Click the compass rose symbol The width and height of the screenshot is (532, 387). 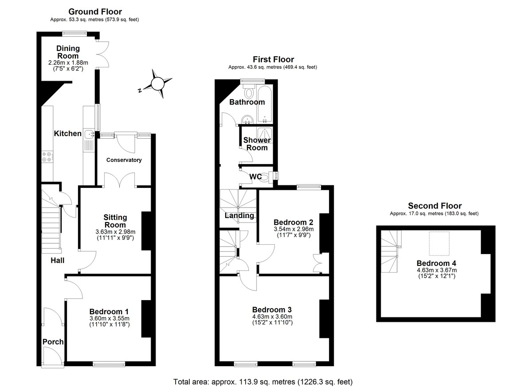coord(157,83)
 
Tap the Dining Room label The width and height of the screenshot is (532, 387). coord(68,52)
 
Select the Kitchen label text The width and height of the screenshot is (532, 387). coord(67,133)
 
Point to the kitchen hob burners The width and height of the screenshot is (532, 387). coord(47,157)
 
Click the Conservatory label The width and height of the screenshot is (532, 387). coord(124,160)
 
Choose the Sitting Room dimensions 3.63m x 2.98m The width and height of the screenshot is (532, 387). coord(115,231)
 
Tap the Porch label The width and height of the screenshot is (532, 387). coord(53,342)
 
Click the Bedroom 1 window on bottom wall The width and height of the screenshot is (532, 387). coord(109,364)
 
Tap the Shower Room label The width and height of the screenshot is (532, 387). coord(257,144)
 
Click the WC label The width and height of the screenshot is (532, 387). coord(256,176)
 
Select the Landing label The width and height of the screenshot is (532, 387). coord(239,216)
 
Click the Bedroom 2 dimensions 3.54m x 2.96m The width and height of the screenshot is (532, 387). coord(293,229)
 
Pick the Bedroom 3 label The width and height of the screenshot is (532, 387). coord(272,309)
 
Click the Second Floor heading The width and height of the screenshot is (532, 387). coord(434,206)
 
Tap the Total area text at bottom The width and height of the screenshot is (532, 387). coord(263,381)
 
